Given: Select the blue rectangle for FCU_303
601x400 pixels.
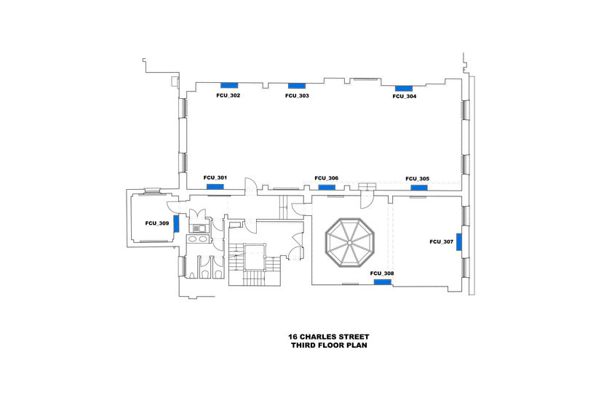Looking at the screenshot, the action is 297,87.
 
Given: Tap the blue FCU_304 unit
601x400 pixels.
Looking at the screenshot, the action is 403,88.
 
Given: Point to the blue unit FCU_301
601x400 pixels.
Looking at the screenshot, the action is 215,187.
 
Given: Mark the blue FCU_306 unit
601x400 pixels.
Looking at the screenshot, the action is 327,187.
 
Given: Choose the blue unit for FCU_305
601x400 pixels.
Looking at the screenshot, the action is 418,188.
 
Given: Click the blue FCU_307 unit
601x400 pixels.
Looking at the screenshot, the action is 458,242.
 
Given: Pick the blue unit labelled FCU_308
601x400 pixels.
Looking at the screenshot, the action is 382,282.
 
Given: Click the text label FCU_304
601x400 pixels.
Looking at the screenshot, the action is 405,97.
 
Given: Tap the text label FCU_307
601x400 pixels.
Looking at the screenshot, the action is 442,241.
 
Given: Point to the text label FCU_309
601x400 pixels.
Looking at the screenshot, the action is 157,223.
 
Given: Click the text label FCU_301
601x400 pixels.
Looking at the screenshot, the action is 215,178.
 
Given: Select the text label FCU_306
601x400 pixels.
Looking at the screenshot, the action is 327,178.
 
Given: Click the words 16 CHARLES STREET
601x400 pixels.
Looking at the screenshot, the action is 329,337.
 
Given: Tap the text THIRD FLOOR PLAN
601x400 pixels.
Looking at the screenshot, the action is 329,345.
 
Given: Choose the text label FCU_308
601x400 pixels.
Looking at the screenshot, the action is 382,273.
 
